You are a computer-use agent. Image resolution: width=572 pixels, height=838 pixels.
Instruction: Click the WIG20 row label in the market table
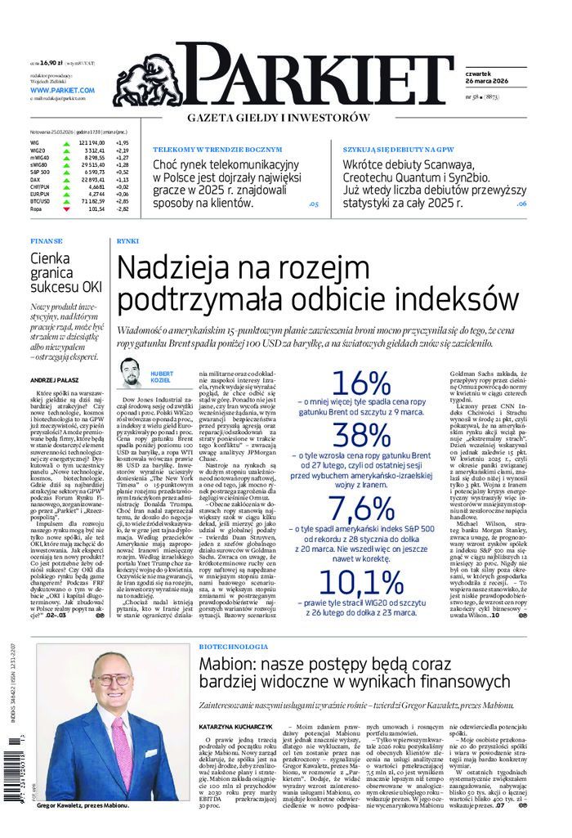[x=38, y=150]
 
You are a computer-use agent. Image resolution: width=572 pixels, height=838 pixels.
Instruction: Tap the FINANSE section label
[x=47, y=242]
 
